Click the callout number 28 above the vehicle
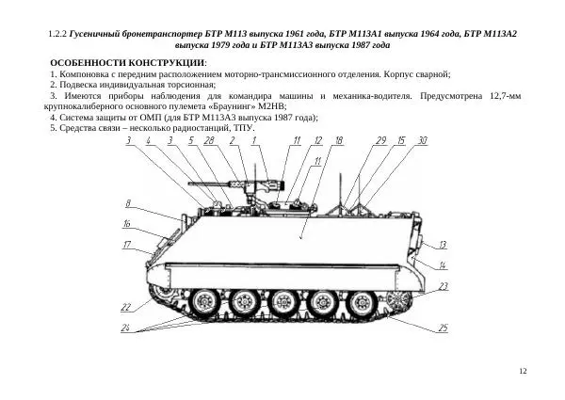click(208, 140)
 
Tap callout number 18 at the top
click(339, 140)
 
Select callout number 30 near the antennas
click(423, 140)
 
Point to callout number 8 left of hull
click(127, 203)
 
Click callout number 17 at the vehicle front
click(126, 246)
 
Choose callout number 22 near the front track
click(125, 308)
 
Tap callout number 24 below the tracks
click(125, 328)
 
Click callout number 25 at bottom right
click(442, 328)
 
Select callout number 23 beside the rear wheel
click(442, 285)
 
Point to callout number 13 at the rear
click(442, 244)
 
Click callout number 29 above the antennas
click(380, 140)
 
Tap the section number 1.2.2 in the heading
click(57, 34)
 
